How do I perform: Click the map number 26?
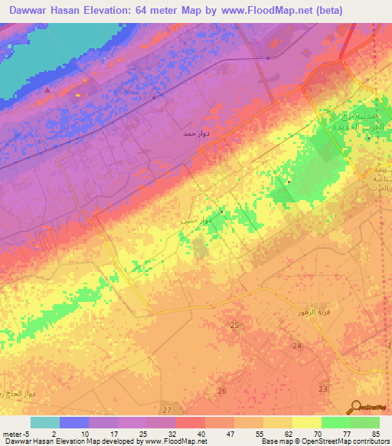pos(222,391)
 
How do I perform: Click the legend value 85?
pos(375,433)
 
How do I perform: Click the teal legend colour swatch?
pos(45,422)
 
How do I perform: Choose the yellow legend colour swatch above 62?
pos(278,422)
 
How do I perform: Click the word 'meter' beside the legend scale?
pos(11,433)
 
